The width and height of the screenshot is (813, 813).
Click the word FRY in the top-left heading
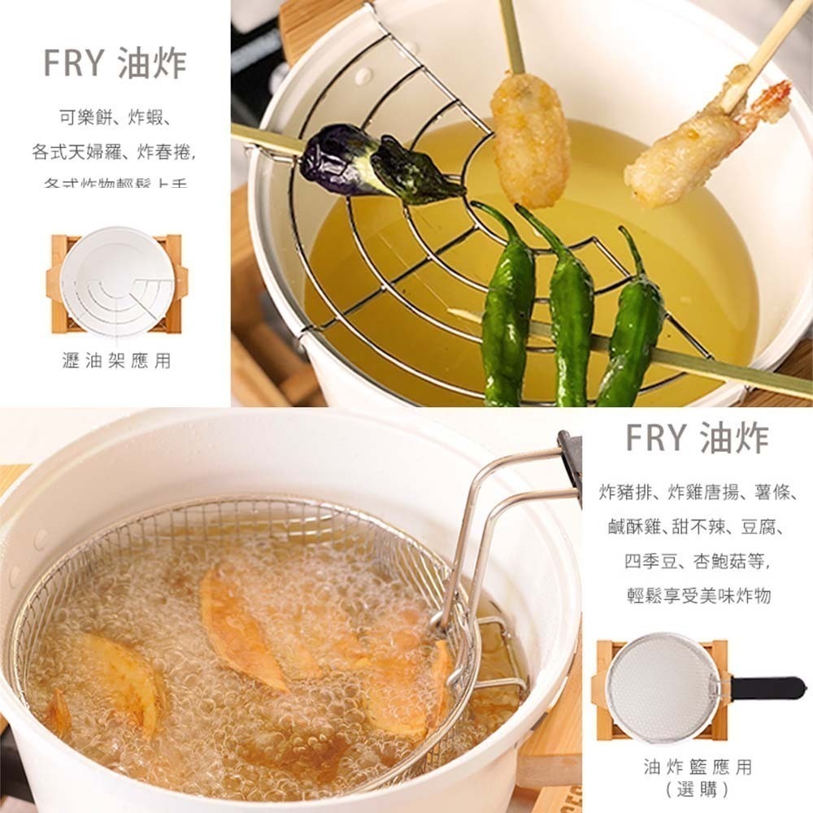75,63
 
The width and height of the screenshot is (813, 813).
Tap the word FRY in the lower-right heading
657,438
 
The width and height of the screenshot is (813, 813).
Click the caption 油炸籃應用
698,767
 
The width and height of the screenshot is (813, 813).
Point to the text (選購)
697,789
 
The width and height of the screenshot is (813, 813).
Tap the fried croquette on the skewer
530,138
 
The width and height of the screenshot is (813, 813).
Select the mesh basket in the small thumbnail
663,688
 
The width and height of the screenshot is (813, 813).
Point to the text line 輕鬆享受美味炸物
698,596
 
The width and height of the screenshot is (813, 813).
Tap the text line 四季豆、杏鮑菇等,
697,561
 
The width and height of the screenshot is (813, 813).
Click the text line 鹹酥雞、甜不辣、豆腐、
697,526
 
